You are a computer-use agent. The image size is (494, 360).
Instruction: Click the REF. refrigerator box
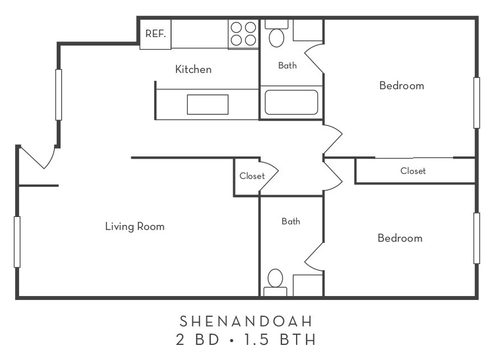pyautogui.click(x=155, y=34)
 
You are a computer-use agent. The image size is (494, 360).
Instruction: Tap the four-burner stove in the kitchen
pyautogui.click(x=243, y=34)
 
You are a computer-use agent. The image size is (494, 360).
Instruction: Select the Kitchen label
pyautogui.click(x=193, y=70)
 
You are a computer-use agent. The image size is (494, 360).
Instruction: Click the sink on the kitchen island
pyautogui.click(x=207, y=104)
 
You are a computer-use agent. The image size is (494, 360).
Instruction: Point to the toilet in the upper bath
pyautogui.click(x=276, y=36)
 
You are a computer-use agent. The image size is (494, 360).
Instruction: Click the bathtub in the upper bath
pyautogui.click(x=291, y=103)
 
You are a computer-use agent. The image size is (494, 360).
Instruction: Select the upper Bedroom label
pyautogui.click(x=401, y=86)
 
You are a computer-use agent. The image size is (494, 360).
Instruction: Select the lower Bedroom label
pyautogui.click(x=400, y=238)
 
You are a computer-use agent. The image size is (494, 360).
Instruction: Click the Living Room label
pyautogui.click(x=135, y=227)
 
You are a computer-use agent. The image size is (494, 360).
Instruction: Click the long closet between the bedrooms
pyautogui.click(x=413, y=171)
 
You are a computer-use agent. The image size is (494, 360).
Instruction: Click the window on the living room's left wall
pyautogui.click(x=17, y=242)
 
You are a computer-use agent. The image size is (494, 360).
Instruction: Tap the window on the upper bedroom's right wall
pyautogui.click(x=477, y=103)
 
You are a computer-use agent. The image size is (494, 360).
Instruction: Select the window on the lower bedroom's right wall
pyautogui.click(x=477, y=238)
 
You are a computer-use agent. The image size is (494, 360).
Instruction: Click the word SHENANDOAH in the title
pyautogui.click(x=246, y=321)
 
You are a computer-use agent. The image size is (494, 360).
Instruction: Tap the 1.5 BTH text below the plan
pyautogui.click(x=285, y=340)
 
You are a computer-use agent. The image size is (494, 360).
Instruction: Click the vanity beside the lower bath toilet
pyautogui.click(x=307, y=285)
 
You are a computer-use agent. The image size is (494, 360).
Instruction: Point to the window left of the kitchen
pyautogui.click(x=58, y=94)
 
